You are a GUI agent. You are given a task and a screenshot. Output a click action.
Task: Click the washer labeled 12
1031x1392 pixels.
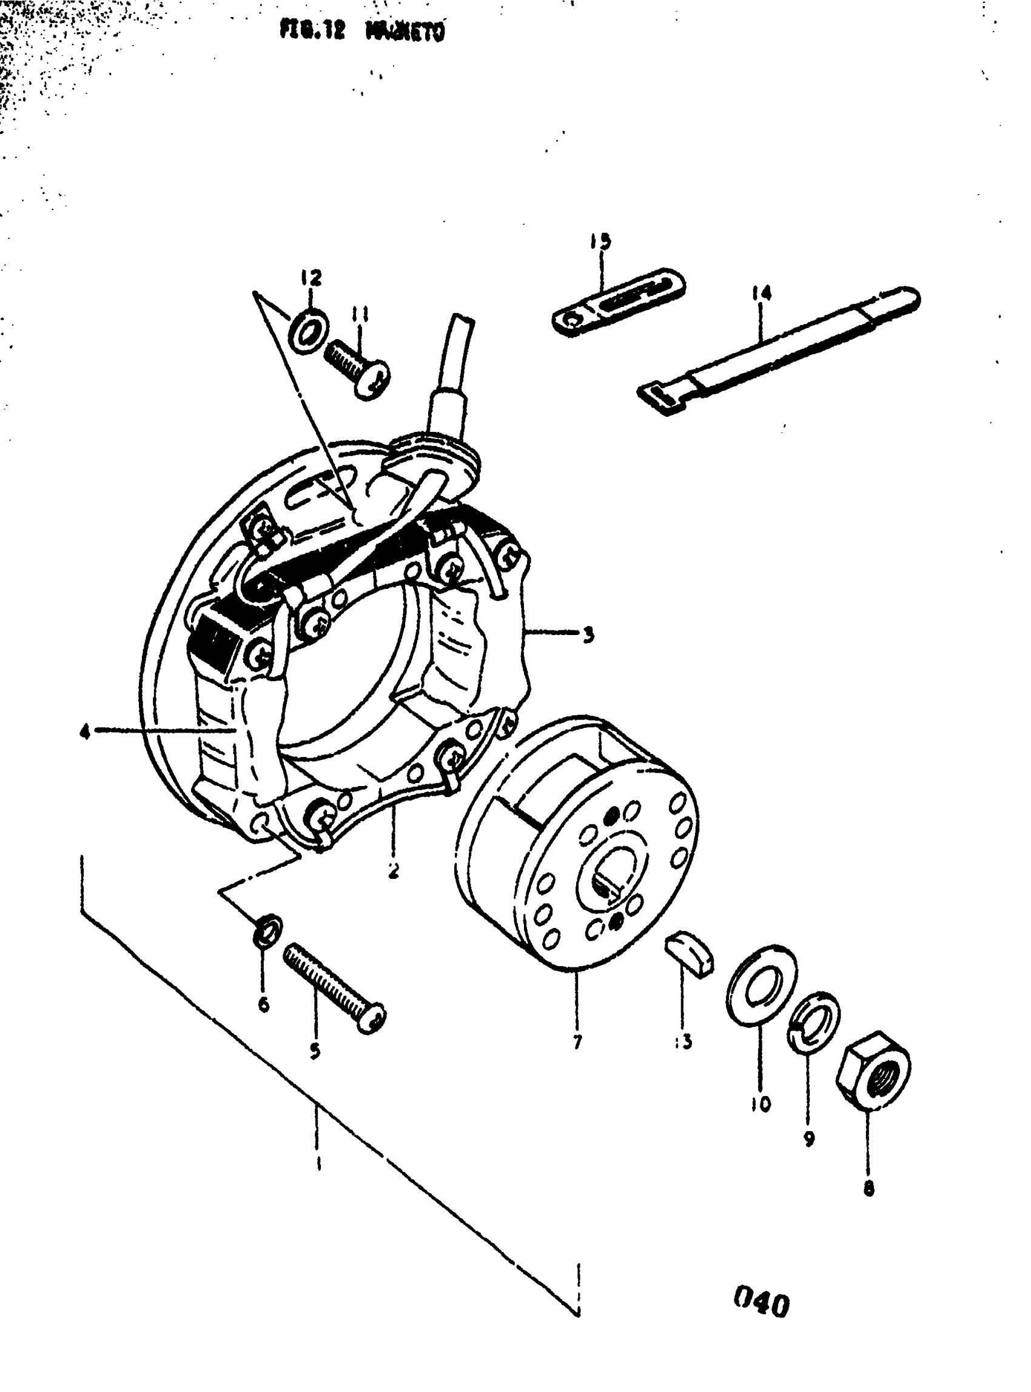tap(307, 328)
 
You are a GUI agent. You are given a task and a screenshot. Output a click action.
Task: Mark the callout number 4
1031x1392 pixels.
tap(84, 731)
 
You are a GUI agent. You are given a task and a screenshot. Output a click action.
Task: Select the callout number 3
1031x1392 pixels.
tap(588, 636)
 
